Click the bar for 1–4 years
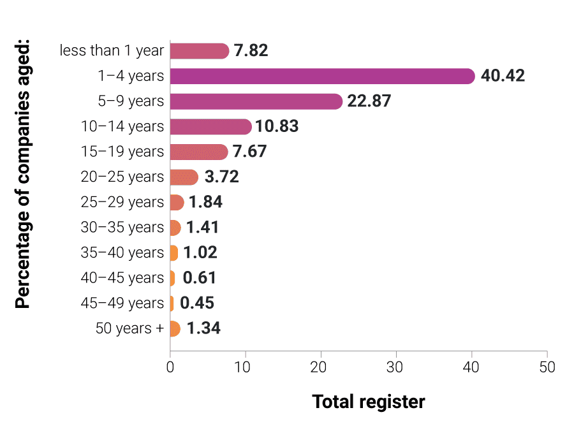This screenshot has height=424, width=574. click(322, 76)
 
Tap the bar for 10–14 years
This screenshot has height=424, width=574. click(211, 126)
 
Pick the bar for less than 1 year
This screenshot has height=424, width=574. click(200, 51)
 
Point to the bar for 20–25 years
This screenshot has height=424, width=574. click(184, 177)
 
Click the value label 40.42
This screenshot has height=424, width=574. click(503, 76)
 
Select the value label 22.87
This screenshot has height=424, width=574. click(369, 101)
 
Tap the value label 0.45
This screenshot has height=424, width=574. click(197, 303)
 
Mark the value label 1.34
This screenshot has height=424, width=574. click(203, 328)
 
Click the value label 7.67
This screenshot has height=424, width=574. click(249, 152)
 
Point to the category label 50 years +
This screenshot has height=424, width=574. click(129, 328)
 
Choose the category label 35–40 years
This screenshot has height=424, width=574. click(122, 252)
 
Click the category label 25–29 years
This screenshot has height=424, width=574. click(122, 202)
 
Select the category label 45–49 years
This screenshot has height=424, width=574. click(122, 303)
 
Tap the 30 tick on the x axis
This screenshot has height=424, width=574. click(396, 367)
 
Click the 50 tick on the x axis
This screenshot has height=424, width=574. click(547, 367)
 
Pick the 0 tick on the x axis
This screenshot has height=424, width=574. click(170, 367)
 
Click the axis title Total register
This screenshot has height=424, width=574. click(368, 402)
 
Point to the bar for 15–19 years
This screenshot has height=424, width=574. click(199, 152)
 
